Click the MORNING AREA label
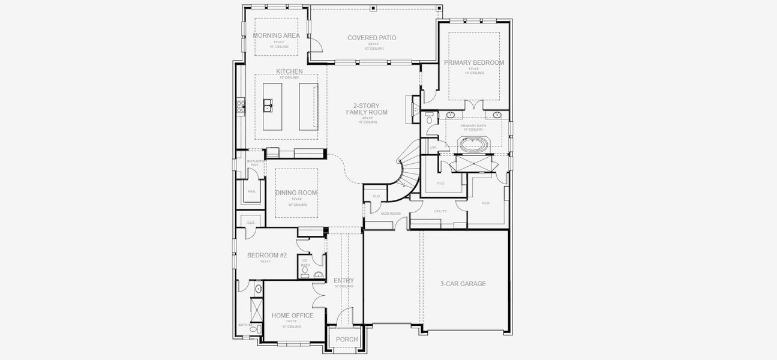pos(276,35)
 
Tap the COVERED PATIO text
pos(371,38)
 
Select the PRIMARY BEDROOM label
pos(473,62)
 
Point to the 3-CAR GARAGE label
pos(463,284)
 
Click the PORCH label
pos(346,340)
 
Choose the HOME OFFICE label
pos(292,316)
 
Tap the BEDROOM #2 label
pos(267,256)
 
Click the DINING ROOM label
pos(296,193)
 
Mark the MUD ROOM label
pos(391,213)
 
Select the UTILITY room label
pos(440,211)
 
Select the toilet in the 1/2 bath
pos(305,271)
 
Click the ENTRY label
pos(344,280)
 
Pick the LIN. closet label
pos(433,147)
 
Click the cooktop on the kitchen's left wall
pos(241,107)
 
